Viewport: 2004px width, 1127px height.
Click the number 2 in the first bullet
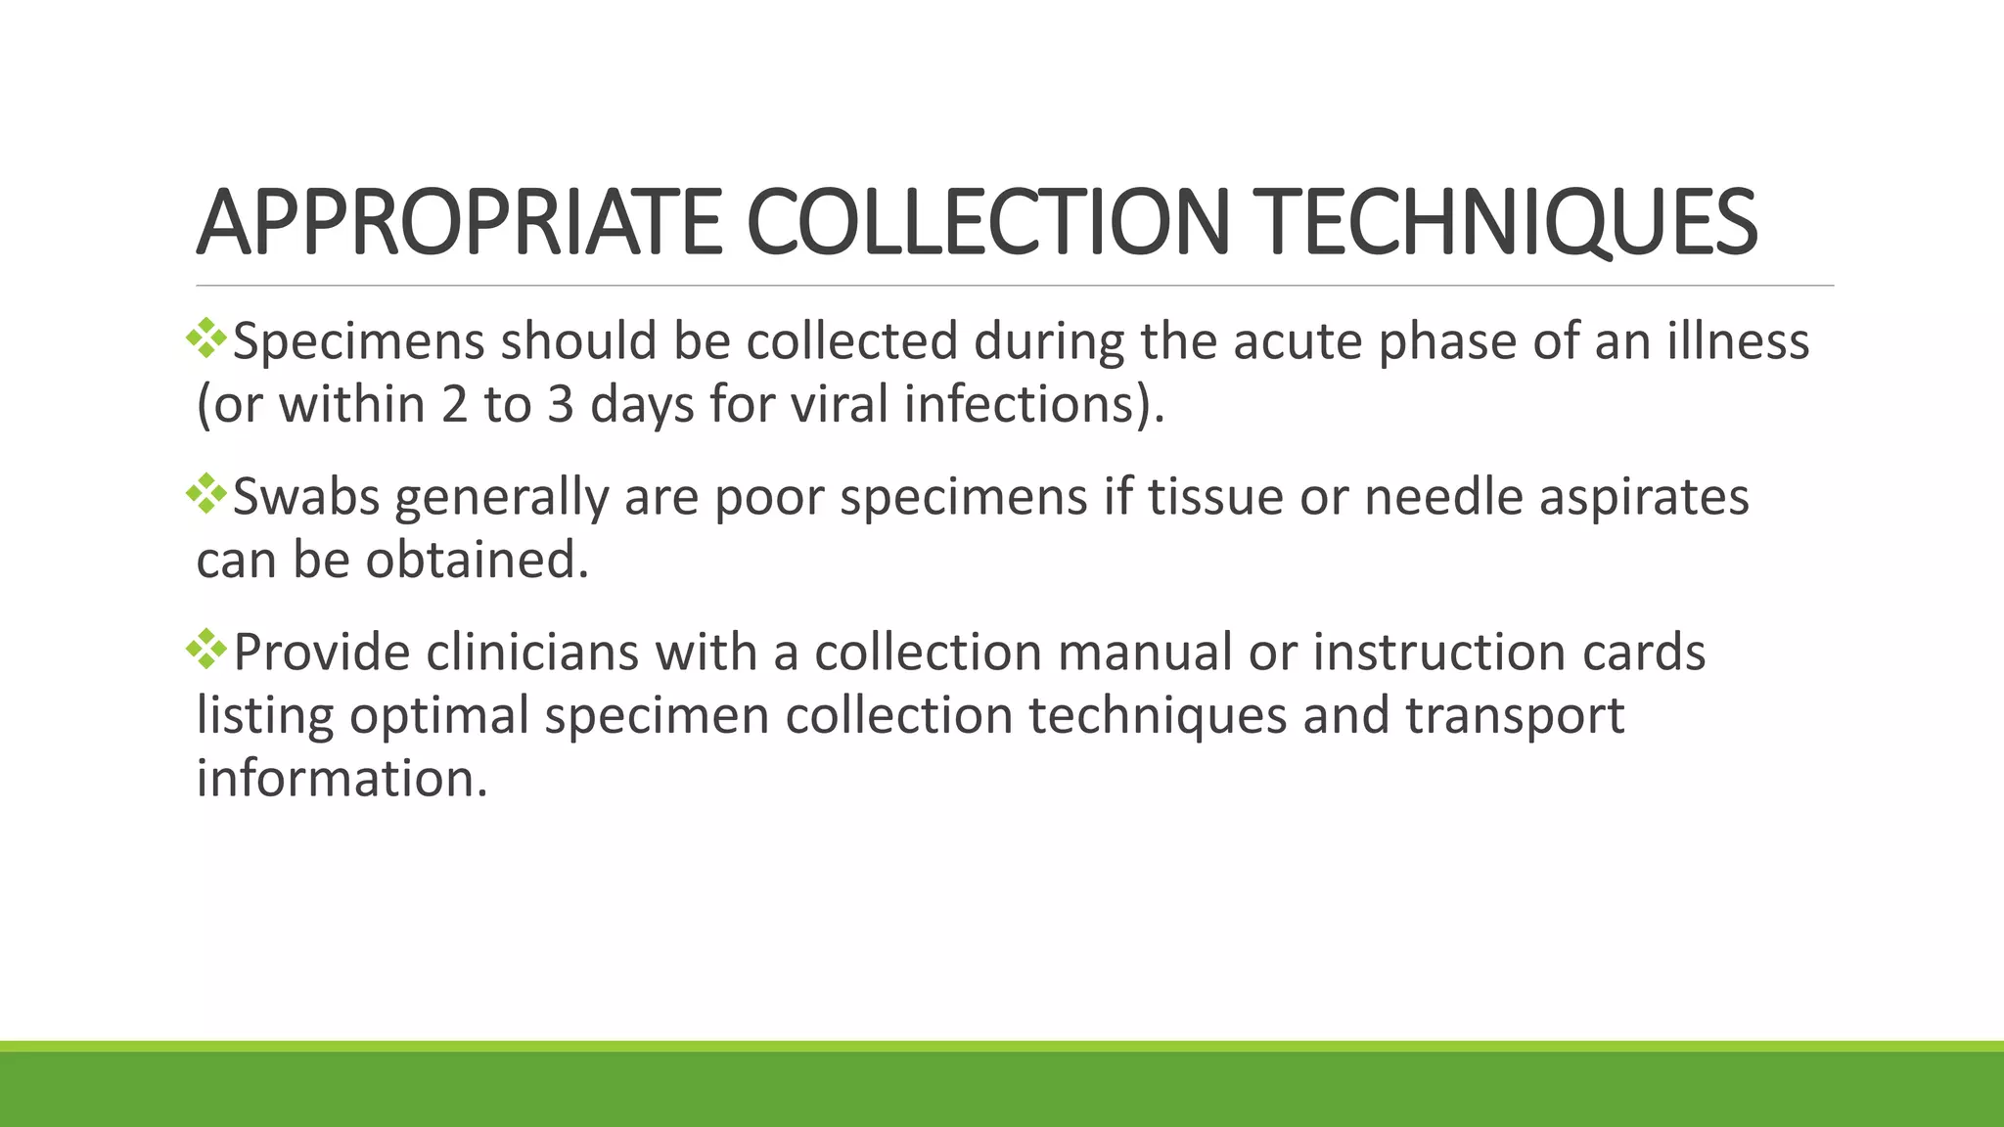pos(454,405)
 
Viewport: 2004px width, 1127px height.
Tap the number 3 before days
pos(560,405)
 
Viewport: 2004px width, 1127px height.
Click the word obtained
pos(478,560)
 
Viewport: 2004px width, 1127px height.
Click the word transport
pos(1515,715)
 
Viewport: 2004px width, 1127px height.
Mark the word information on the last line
pos(342,779)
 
